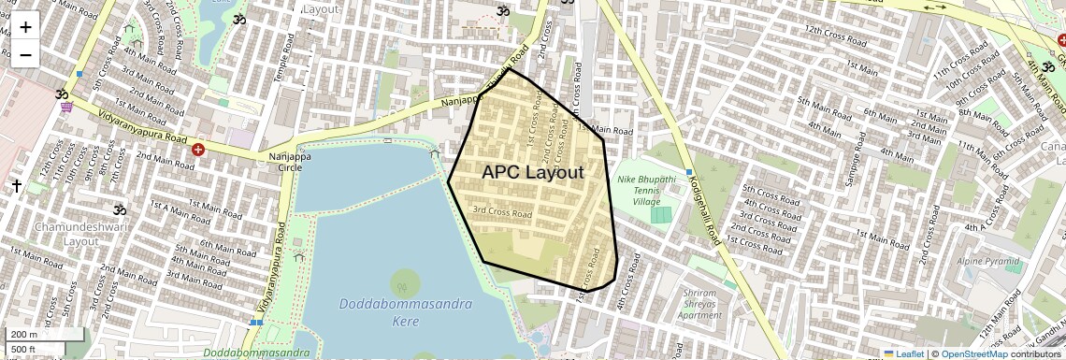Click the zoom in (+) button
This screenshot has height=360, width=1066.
[25, 26]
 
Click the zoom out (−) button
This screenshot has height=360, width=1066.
[25, 54]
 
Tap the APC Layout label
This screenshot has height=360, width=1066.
[532, 172]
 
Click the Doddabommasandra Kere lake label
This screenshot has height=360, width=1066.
[405, 312]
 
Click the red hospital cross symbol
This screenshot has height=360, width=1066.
[197, 149]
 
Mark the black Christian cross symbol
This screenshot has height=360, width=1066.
[16, 186]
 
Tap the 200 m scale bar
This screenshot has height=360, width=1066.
[45, 334]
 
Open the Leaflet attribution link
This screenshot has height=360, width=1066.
[903, 353]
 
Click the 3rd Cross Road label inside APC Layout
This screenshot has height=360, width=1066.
[502, 213]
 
